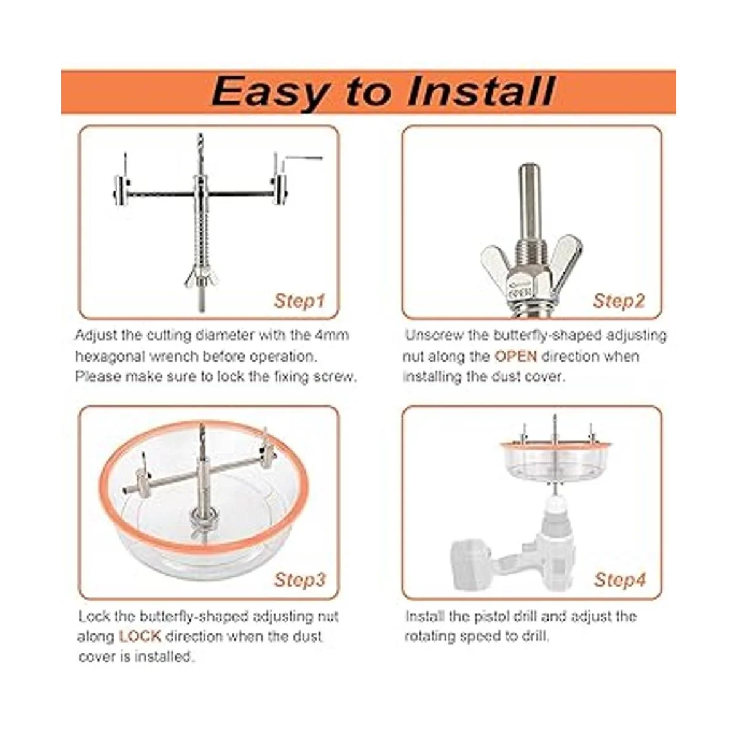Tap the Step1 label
pos(299,301)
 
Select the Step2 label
pos(619,301)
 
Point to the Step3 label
pos(300,579)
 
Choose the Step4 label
pos(620,579)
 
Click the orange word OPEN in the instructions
pos(515,356)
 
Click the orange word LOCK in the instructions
pos(140,636)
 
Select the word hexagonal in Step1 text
pos(109,357)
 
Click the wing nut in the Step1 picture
pos(201,279)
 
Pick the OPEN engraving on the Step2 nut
pos(520,293)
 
